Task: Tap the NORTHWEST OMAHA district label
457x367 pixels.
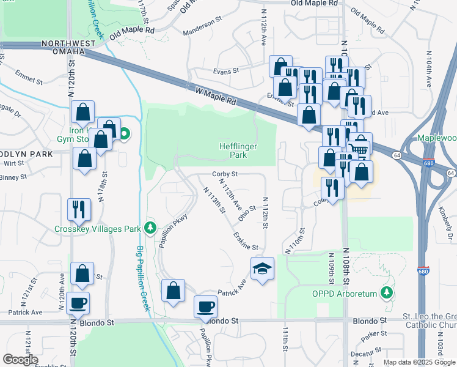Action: [69, 48]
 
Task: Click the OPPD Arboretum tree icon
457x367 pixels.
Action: [386, 293]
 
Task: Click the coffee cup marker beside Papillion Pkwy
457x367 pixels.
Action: [205, 306]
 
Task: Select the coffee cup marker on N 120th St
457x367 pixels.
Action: [78, 303]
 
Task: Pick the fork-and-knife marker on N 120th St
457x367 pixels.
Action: [79, 210]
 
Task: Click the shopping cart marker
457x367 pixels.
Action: [360, 149]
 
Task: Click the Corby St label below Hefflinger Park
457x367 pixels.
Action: [224, 174]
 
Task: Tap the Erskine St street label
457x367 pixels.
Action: [245, 242]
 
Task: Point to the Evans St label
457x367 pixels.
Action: [225, 71]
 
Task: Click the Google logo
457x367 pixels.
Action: [21, 360]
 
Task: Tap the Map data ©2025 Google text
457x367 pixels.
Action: [418, 362]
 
